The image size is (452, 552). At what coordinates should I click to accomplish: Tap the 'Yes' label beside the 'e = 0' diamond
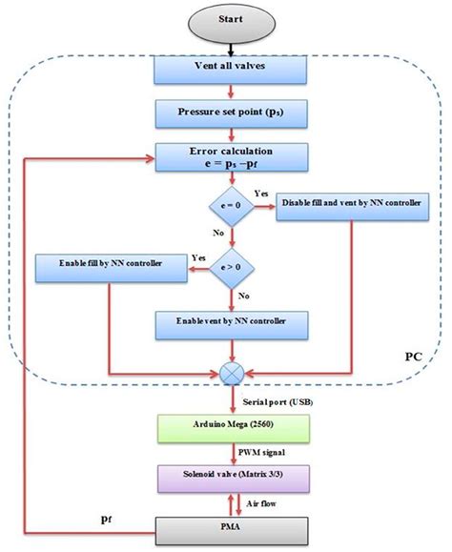click(x=259, y=192)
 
